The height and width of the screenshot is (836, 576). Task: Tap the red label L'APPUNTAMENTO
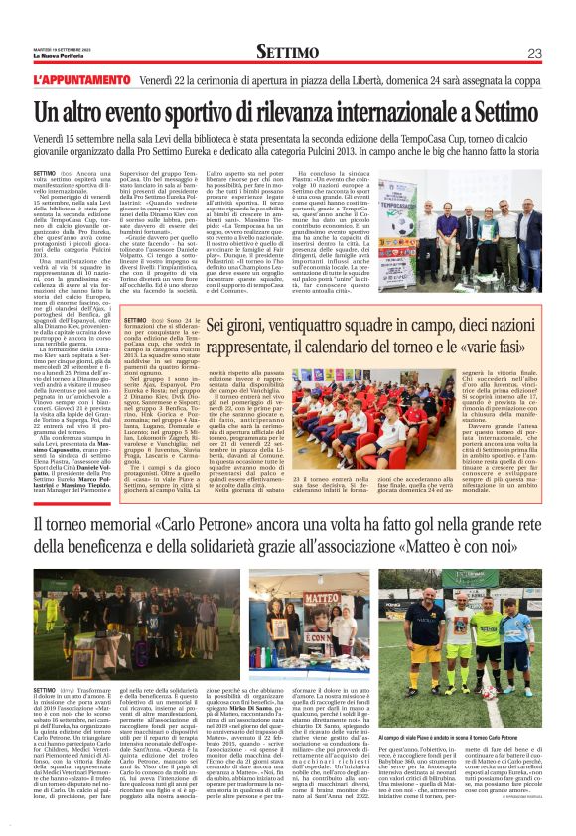(73, 78)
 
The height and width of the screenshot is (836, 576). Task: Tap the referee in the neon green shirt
(488, 645)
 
